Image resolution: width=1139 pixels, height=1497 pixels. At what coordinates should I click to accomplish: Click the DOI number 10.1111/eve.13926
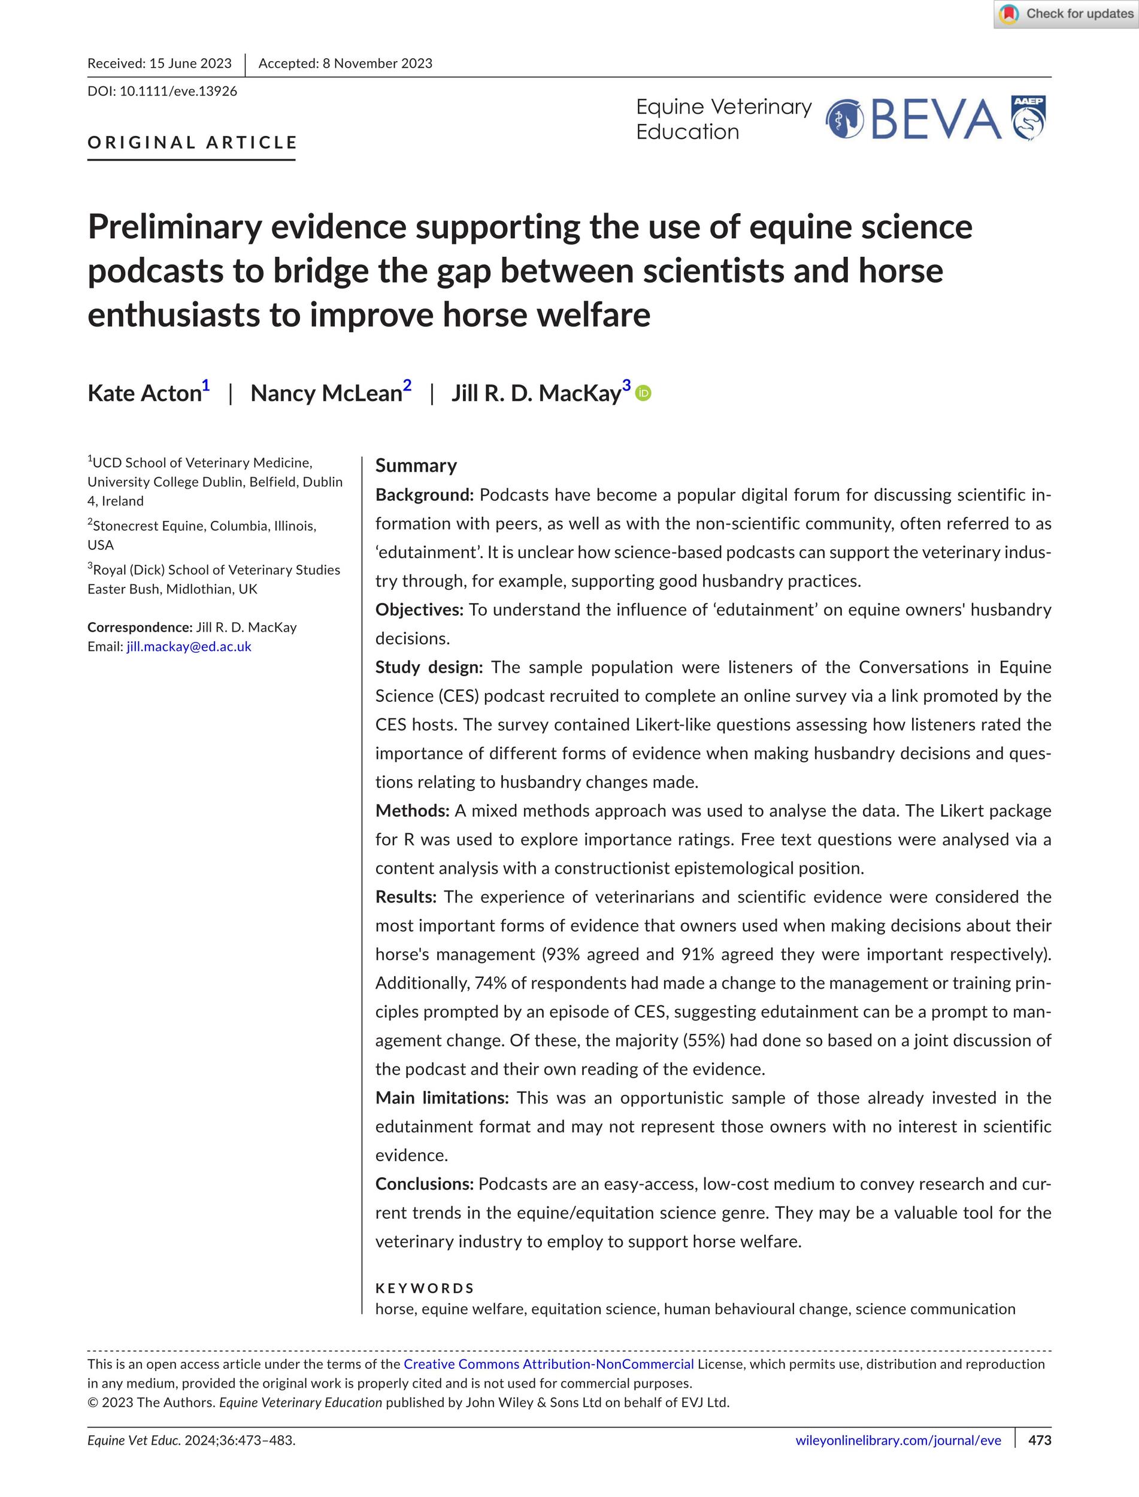[x=178, y=92]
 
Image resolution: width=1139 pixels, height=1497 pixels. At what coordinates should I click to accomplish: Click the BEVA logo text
[x=935, y=120]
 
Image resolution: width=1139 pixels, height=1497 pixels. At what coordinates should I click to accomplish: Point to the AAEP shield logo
[x=1028, y=118]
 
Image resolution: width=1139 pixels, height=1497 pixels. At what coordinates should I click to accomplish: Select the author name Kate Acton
[x=144, y=393]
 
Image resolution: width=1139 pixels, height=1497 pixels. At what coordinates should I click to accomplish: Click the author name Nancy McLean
[x=326, y=393]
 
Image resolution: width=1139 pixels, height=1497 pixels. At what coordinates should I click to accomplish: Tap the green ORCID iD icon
[x=643, y=393]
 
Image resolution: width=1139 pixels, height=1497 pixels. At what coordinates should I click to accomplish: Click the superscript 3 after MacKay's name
[x=626, y=386]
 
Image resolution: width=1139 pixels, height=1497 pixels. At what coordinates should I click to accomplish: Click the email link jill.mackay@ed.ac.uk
[x=189, y=647]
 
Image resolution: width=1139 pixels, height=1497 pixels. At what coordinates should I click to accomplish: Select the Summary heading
[x=416, y=466]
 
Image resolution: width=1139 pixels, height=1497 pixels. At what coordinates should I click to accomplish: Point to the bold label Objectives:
[x=420, y=610]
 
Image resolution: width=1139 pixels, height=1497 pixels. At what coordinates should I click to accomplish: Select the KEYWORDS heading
[x=425, y=1288]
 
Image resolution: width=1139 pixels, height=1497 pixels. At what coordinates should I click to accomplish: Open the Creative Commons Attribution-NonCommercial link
[x=549, y=1364]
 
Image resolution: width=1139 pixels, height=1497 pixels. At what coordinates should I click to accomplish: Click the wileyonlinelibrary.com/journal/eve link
[x=898, y=1459]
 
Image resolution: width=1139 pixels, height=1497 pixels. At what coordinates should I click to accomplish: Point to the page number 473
[x=1040, y=1459]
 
